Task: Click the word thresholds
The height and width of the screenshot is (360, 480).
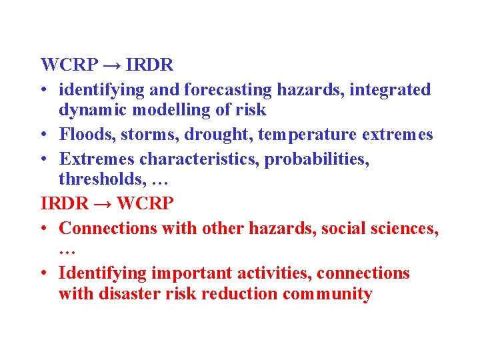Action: (x=94, y=180)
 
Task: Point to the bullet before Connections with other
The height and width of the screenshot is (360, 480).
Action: (x=44, y=229)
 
